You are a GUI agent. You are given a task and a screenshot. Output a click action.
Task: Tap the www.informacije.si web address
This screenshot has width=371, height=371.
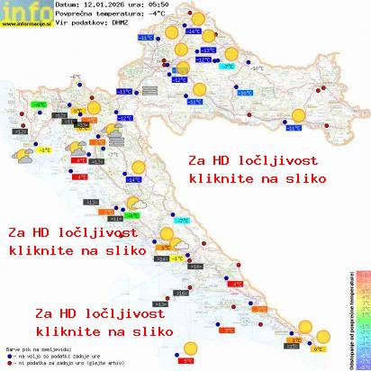click(x=27, y=24)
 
